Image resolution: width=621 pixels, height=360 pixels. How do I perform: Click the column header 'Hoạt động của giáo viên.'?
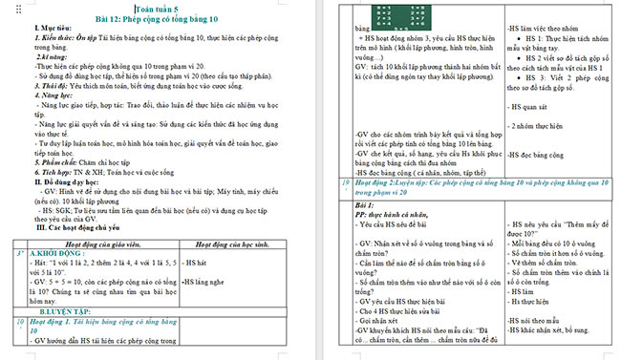point(106,216)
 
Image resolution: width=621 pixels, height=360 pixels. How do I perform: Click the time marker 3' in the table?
point(19,227)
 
